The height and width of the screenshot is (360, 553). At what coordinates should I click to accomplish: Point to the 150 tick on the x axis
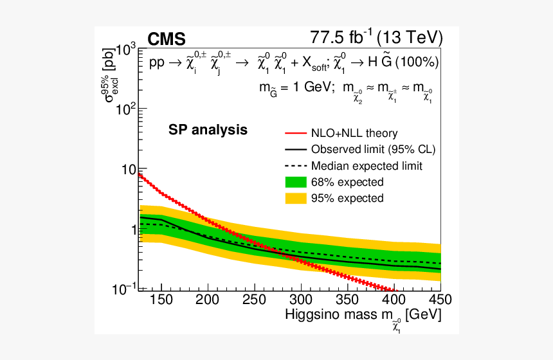pyautogui.click(x=161, y=300)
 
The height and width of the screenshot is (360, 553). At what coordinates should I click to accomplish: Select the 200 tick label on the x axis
pyautogui.click(x=208, y=300)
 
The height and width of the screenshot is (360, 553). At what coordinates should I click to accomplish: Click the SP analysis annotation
pyautogui.click(x=208, y=130)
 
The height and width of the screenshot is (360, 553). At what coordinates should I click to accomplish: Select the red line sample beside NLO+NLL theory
pyautogui.click(x=295, y=134)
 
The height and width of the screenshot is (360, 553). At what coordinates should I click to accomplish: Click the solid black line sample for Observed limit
pyautogui.click(x=295, y=150)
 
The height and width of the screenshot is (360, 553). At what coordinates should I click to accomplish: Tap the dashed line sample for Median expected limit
pyautogui.click(x=295, y=166)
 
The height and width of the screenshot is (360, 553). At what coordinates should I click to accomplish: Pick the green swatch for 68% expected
pyautogui.click(x=295, y=182)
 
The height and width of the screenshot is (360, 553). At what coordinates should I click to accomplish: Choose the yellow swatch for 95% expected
pyautogui.click(x=295, y=198)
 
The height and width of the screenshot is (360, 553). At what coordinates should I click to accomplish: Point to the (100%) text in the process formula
pyautogui.click(x=417, y=62)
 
